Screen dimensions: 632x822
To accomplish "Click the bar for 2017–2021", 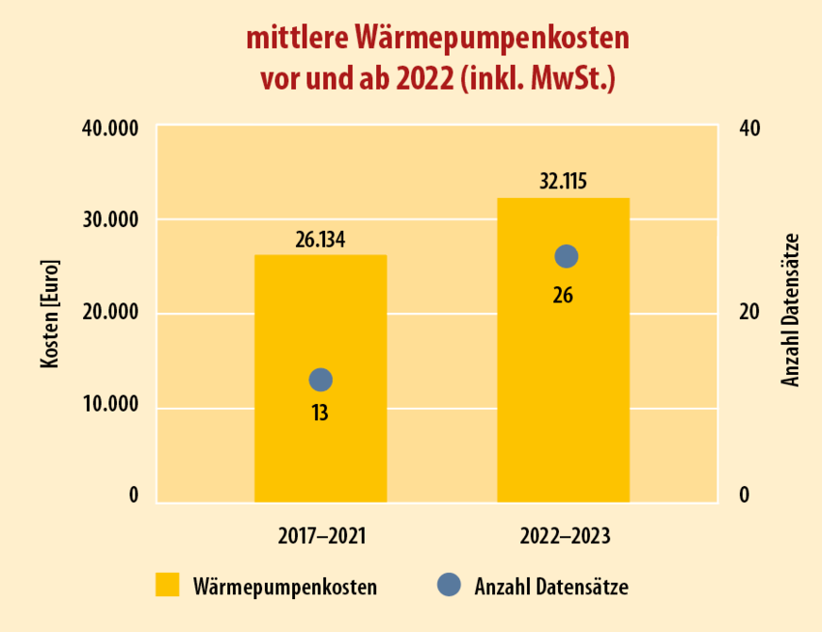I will [x=321, y=443].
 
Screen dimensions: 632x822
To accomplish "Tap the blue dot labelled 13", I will [x=321, y=380].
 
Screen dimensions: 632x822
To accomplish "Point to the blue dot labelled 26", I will [x=566, y=256].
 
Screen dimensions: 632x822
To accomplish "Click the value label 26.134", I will [x=321, y=239].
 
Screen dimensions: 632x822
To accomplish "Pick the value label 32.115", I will [x=564, y=181].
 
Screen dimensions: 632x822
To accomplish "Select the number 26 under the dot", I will [x=563, y=295].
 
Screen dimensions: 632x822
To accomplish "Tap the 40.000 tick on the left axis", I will [x=106, y=129].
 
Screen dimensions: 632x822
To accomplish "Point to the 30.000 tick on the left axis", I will [x=106, y=220].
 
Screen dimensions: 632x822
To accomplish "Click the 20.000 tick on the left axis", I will [x=106, y=313].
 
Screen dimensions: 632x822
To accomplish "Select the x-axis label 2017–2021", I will [x=321, y=536].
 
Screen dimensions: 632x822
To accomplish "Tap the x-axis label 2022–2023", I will [x=565, y=536].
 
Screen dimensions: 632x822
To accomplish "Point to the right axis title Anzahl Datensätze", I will [x=790, y=311].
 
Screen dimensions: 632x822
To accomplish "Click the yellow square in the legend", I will [x=168, y=585].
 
